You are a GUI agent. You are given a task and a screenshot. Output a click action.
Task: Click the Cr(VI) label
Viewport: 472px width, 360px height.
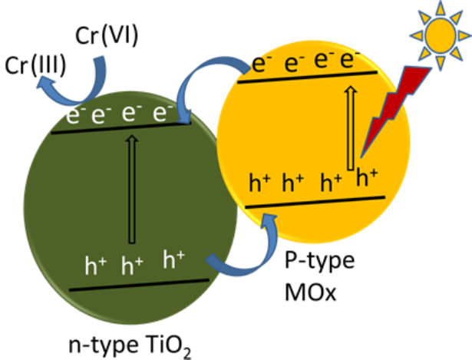pos(107,35)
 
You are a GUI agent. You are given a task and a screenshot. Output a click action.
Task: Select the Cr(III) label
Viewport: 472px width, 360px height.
pos(35,65)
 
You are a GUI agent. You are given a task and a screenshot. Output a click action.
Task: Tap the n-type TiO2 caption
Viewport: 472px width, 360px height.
pos(130,346)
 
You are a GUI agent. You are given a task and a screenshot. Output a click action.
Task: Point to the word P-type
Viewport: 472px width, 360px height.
pos(320,261)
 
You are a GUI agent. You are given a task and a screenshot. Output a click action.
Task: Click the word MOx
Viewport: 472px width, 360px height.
pos(310,292)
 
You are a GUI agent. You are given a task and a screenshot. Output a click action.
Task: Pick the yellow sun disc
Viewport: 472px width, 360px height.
pos(441,35)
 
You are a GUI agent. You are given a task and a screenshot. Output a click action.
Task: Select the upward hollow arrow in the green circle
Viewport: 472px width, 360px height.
pos(132,189)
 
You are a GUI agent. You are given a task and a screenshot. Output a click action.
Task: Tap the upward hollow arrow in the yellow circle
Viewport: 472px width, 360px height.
pos(351,128)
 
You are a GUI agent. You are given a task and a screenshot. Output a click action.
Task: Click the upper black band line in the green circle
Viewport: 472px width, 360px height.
pos(121,127)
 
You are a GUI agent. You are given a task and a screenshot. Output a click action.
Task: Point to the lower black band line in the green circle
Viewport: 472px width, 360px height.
pos(139,285)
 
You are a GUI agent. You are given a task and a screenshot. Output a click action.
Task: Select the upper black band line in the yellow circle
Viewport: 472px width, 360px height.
pos(307,77)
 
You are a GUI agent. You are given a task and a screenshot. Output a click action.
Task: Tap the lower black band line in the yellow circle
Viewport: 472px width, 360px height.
pos(315,202)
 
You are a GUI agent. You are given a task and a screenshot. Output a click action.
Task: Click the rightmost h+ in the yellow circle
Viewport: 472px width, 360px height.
pos(367,177)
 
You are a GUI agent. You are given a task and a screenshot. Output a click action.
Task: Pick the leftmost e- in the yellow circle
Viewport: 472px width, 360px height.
pos(262,64)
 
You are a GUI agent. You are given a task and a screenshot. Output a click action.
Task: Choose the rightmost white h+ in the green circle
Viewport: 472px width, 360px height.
pos(173,259)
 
